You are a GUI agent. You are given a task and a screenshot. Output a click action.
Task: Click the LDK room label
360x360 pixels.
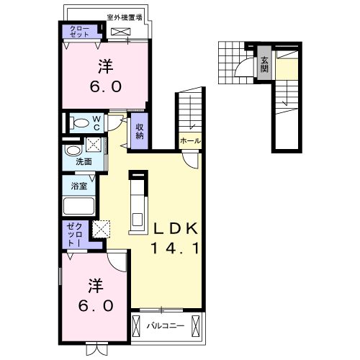(174, 230)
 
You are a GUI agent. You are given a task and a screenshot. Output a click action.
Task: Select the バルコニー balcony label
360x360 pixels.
(166, 325)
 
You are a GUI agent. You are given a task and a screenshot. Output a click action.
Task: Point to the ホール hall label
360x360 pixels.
(190, 140)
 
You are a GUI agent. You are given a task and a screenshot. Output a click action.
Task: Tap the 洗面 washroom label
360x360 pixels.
(84, 162)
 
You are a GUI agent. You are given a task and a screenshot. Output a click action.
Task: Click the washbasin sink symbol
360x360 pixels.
(73, 150)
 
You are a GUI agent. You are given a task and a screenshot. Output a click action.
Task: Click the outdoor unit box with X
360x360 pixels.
(122, 32)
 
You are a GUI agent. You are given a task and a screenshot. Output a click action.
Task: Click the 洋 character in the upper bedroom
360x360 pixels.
(105, 67)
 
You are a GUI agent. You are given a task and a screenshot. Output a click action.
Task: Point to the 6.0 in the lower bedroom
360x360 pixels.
(95, 305)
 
